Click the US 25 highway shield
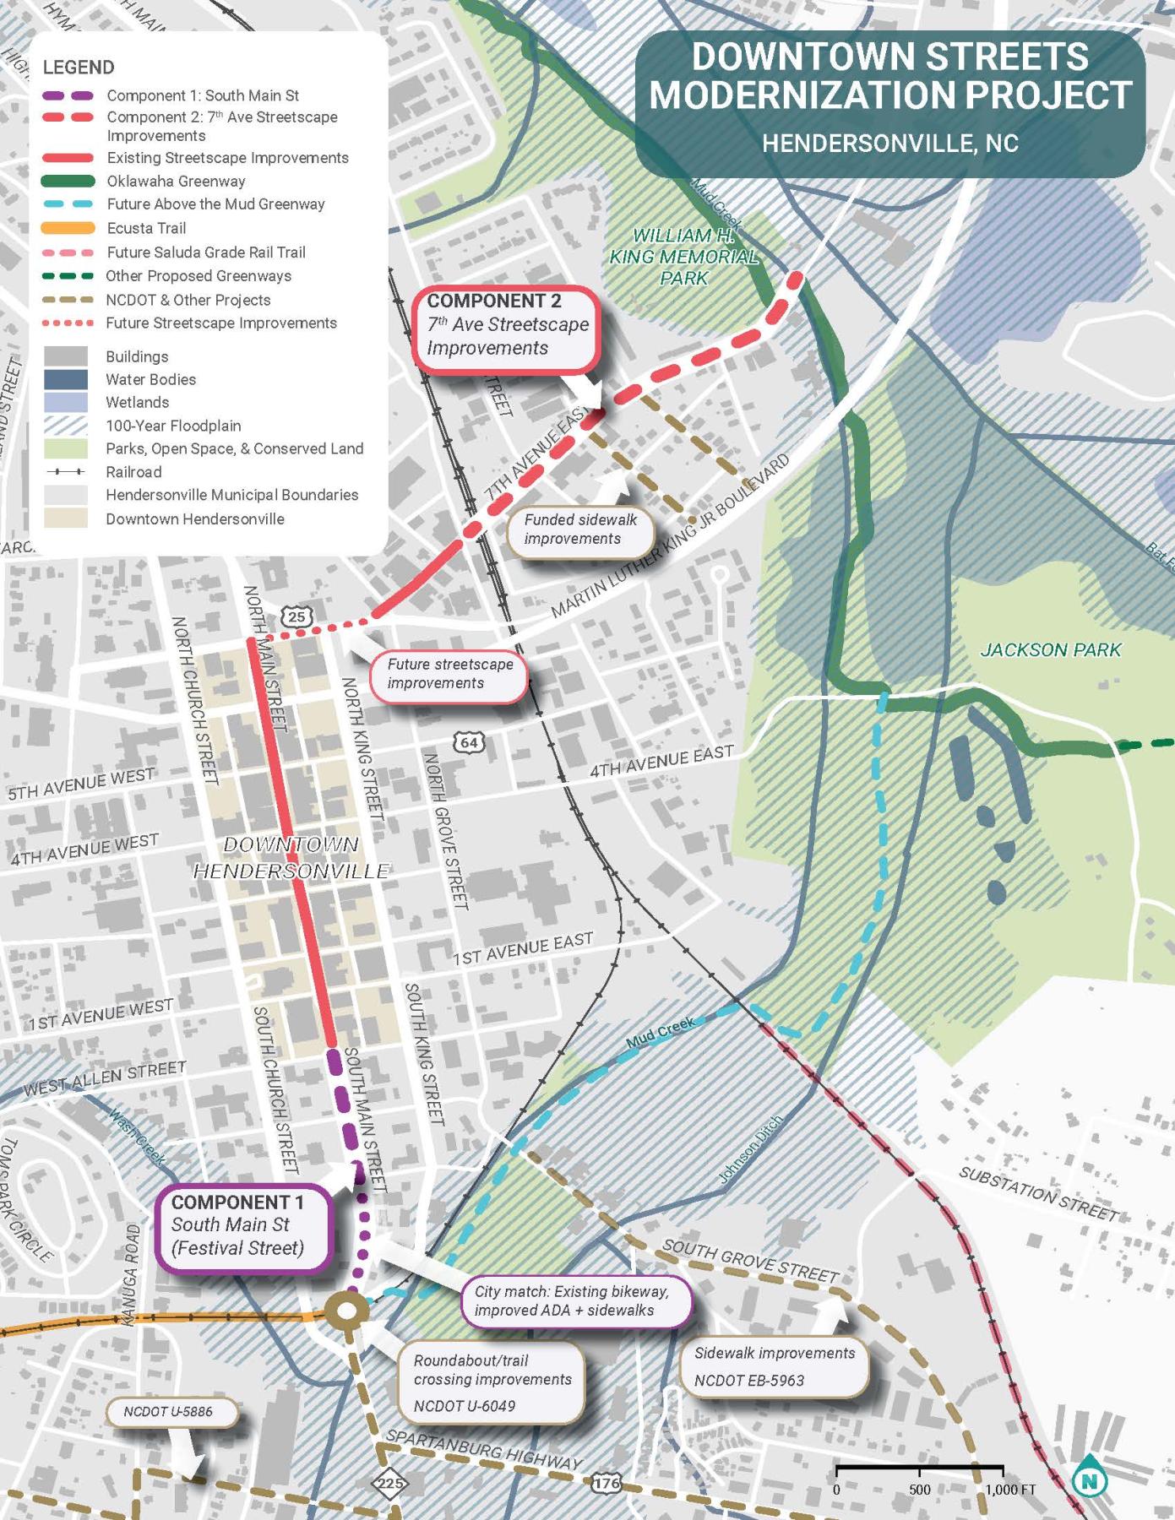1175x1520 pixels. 296,616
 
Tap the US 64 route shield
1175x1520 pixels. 470,742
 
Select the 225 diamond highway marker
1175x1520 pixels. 389,1483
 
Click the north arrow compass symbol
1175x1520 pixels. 1090,1478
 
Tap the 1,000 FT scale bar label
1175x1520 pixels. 1010,1490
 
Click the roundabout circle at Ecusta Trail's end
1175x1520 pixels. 347,1311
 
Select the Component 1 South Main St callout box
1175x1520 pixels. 243,1225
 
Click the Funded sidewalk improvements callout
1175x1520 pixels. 580,529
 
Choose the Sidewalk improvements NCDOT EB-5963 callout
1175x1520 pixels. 774,1366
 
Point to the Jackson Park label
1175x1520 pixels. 1050,649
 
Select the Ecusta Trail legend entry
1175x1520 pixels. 146,228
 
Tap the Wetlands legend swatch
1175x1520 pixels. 66,402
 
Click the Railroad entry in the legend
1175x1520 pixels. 133,472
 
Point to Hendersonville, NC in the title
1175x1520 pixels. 890,143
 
